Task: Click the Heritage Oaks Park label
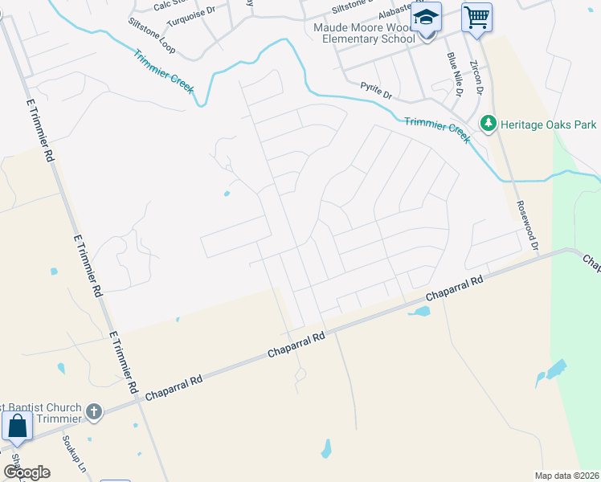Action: click(549, 125)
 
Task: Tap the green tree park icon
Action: click(487, 125)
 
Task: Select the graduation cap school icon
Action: click(427, 17)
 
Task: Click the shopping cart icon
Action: click(476, 17)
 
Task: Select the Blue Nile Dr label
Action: click(456, 75)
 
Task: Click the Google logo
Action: click(26, 472)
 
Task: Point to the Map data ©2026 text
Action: click(566, 475)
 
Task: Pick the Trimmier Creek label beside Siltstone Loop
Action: click(163, 71)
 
